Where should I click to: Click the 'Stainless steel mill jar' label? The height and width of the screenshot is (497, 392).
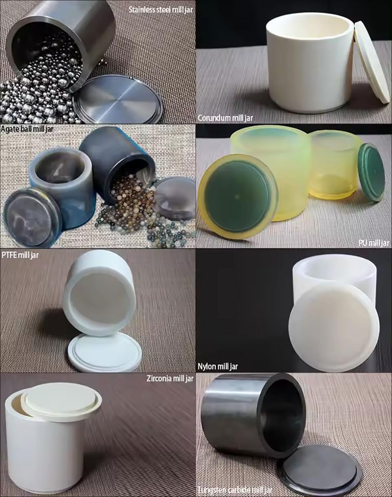161,10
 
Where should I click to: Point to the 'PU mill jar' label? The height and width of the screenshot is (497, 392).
374,243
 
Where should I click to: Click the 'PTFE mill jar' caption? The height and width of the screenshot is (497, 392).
20,255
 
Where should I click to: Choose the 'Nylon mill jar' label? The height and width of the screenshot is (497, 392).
218,367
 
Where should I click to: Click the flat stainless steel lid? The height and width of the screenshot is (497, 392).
117,98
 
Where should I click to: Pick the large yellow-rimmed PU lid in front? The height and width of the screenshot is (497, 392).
238,196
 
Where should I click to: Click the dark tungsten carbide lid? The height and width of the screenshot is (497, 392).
318,469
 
